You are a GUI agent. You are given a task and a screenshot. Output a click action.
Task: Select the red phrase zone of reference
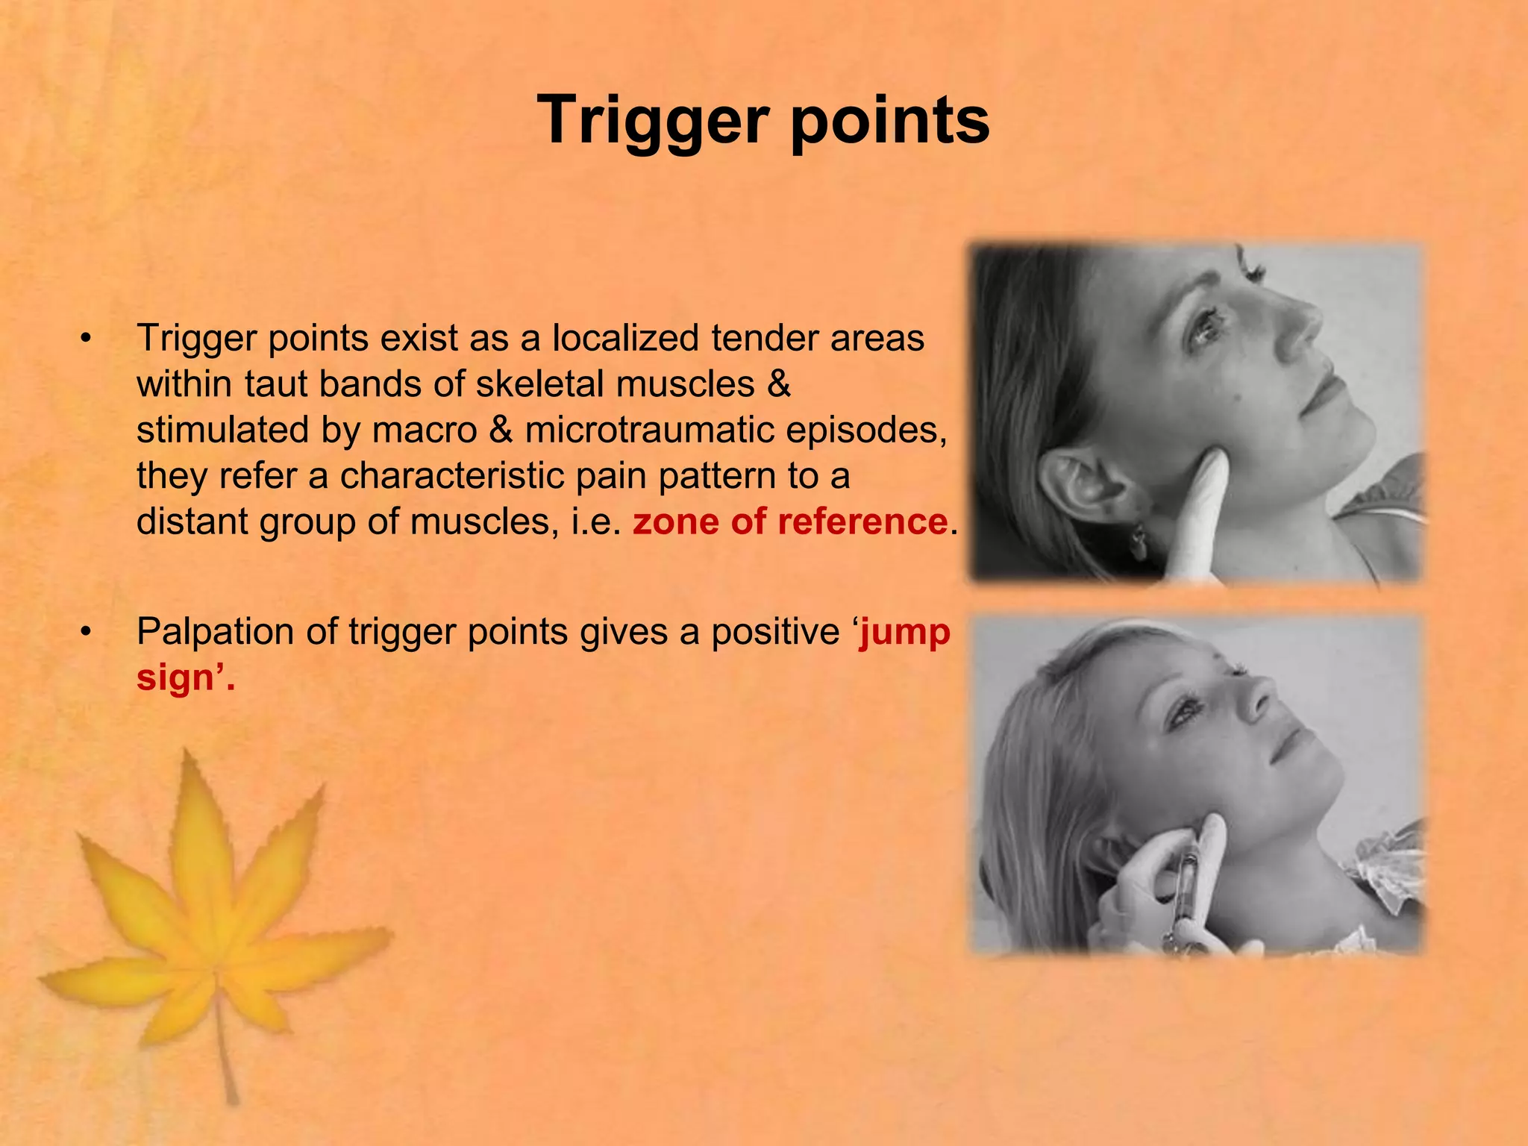tap(789, 521)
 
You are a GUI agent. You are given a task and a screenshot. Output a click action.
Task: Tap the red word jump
tap(904, 632)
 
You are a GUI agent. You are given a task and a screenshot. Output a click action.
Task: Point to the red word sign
tap(176, 677)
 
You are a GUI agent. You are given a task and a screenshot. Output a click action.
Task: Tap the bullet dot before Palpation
tap(87, 633)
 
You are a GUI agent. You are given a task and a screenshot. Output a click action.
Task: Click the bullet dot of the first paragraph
tap(87, 339)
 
